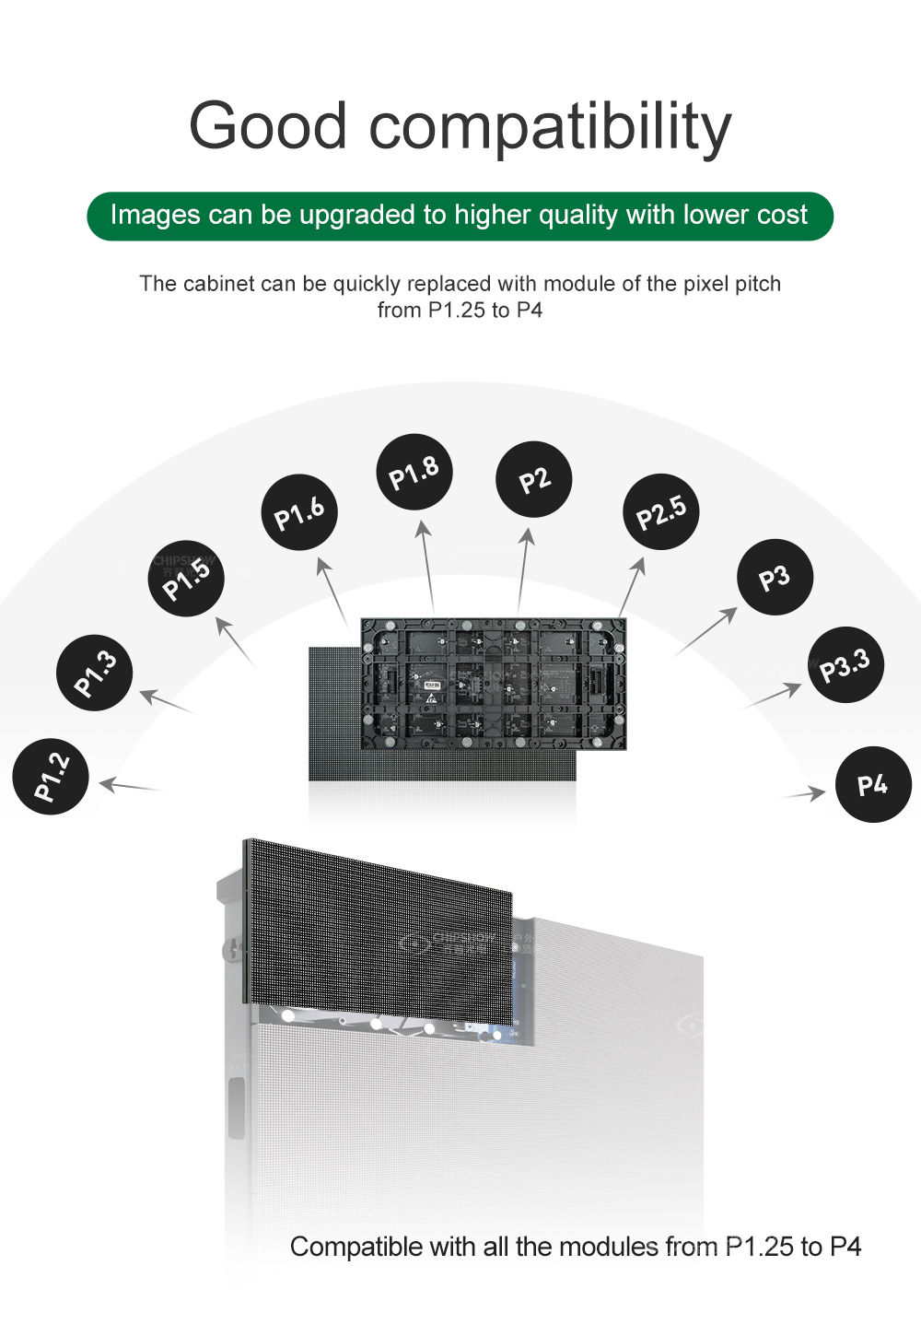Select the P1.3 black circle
click(95, 673)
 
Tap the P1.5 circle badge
click(186, 579)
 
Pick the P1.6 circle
click(299, 513)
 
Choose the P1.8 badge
click(414, 472)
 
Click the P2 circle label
click(534, 479)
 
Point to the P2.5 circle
click(661, 512)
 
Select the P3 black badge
click(775, 578)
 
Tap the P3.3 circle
click(845, 664)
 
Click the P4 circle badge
click(872, 784)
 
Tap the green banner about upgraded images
click(460, 216)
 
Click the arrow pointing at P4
click(805, 793)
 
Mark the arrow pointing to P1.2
click(131, 787)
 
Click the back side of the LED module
click(493, 683)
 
